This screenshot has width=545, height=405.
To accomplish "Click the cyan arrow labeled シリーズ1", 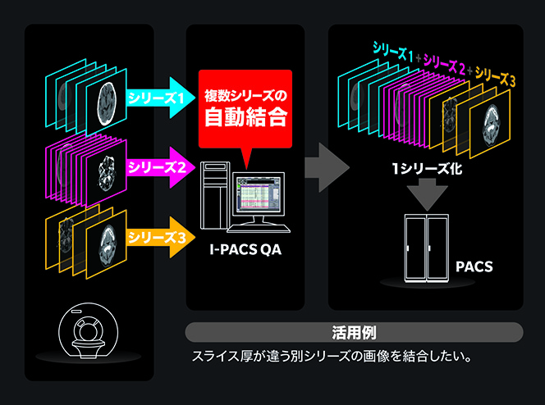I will coord(158,98).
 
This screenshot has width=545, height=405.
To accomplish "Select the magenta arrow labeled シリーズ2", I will coord(158,168).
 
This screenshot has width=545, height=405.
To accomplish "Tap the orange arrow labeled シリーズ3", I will coord(158,238).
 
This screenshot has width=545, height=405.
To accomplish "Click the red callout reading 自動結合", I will coord(245,107).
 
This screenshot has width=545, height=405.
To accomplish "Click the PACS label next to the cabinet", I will coord(474,267).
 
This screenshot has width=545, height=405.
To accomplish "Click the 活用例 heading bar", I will coord(354,332).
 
